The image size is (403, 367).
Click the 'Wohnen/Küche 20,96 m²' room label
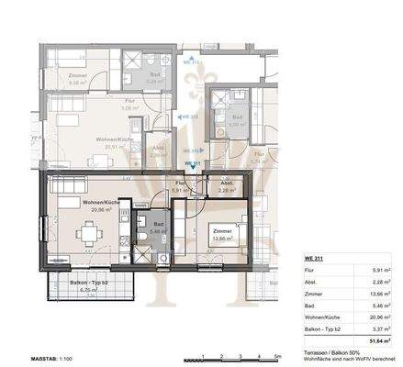98,205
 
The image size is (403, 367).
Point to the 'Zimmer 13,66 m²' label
221,235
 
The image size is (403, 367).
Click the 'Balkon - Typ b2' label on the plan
89,283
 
